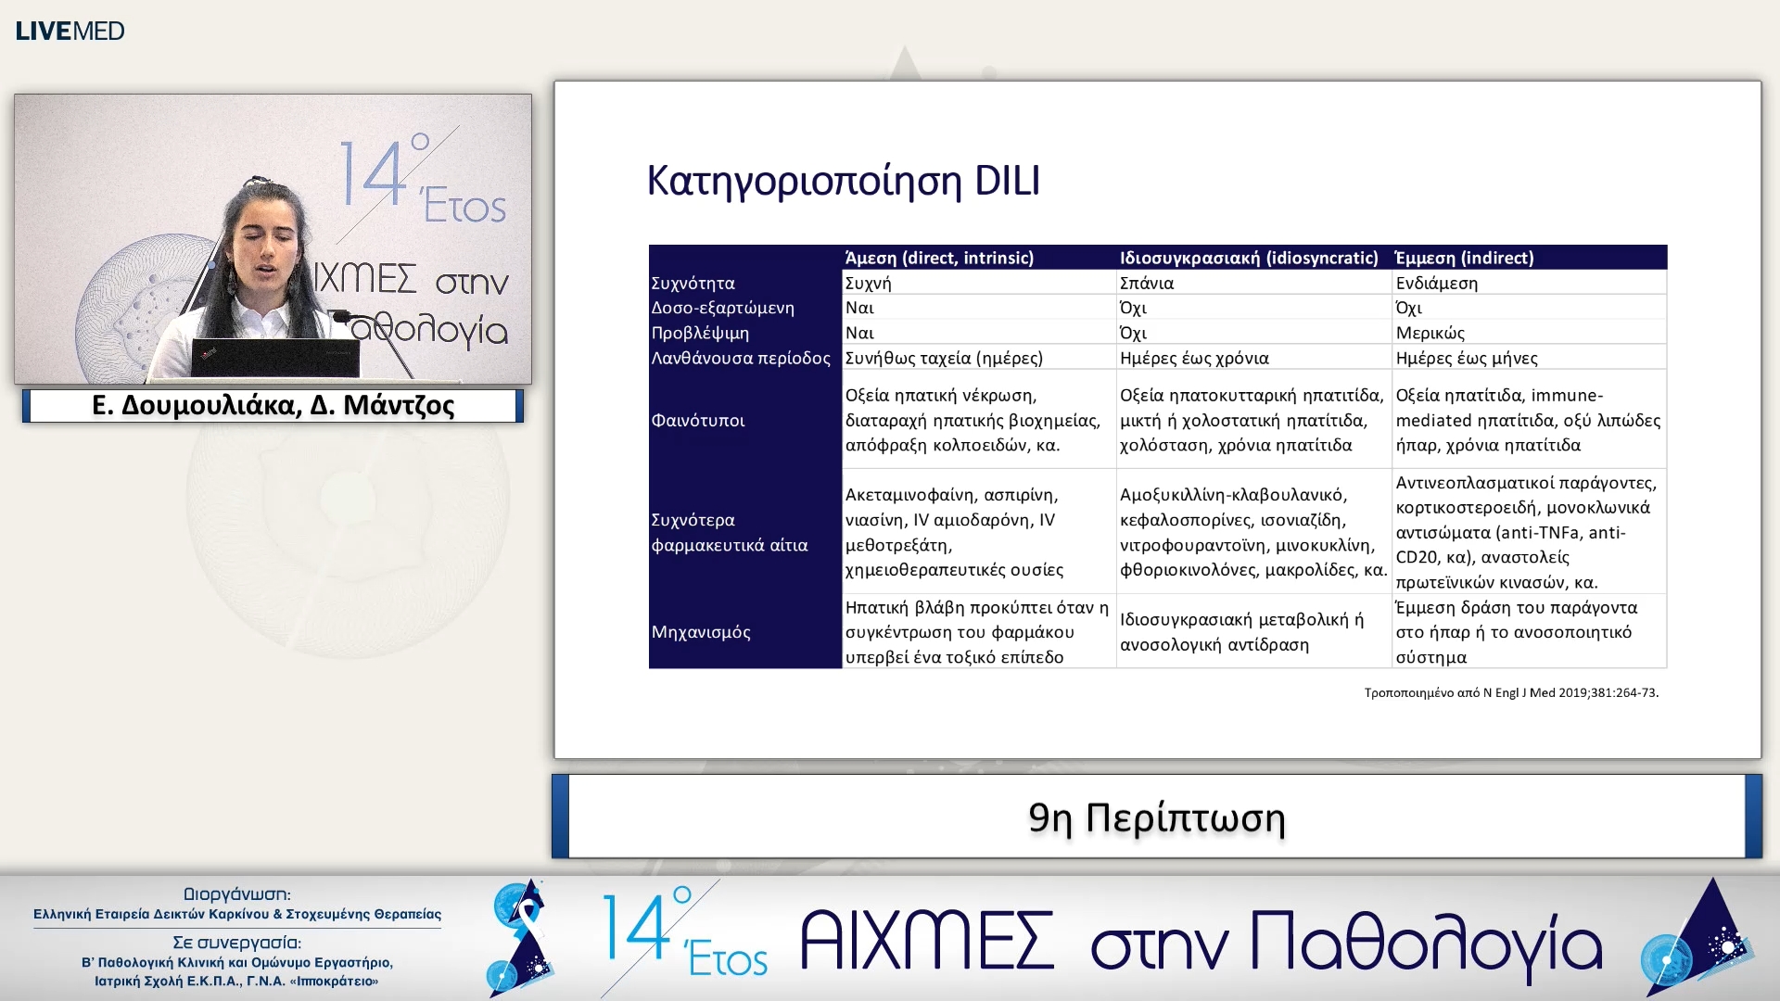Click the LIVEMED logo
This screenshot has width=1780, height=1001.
click(70, 31)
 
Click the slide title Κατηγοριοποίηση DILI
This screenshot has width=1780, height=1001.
click(843, 181)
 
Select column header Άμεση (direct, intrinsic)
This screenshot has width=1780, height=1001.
click(939, 258)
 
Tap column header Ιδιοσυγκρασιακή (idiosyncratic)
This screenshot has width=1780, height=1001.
click(1249, 258)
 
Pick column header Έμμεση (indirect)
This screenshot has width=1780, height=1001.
click(1464, 258)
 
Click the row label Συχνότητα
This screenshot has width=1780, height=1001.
click(693, 283)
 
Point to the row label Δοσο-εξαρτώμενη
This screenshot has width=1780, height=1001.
click(722, 308)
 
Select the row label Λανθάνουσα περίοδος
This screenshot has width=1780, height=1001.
click(740, 358)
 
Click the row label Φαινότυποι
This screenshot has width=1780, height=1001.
click(697, 420)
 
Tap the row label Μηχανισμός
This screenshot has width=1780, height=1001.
click(700, 632)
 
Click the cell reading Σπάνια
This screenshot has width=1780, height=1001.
click(1147, 283)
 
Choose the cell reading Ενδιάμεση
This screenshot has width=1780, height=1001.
click(1436, 283)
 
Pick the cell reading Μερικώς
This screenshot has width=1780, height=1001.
click(1430, 333)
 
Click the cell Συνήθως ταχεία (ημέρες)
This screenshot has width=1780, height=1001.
click(944, 358)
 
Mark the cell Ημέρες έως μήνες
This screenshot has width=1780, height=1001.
click(1466, 358)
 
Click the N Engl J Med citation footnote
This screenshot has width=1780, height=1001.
click(1510, 692)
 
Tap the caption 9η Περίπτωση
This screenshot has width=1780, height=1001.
click(1156, 817)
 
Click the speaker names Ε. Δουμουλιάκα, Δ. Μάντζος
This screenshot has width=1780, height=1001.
click(273, 406)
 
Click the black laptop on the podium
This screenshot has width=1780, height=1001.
click(274, 358)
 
